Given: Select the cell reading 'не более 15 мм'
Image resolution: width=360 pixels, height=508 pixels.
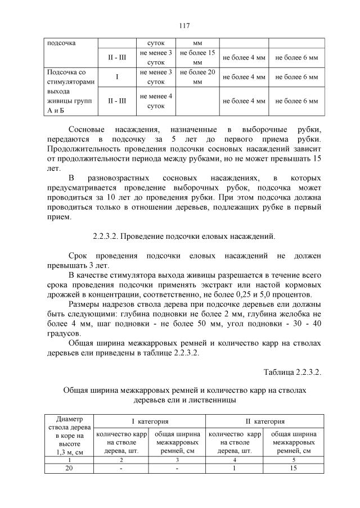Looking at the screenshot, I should [197, 57].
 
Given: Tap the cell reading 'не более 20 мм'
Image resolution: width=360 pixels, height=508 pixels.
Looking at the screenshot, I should [197, 77].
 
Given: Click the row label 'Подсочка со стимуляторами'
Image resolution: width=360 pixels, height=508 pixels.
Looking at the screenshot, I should [71, 77].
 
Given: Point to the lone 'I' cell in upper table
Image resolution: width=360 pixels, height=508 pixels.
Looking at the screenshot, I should [116, 77].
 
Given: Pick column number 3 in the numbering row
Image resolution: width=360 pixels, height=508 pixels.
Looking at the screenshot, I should [177, 459].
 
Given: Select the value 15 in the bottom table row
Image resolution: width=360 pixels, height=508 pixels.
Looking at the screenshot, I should [292, 468].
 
